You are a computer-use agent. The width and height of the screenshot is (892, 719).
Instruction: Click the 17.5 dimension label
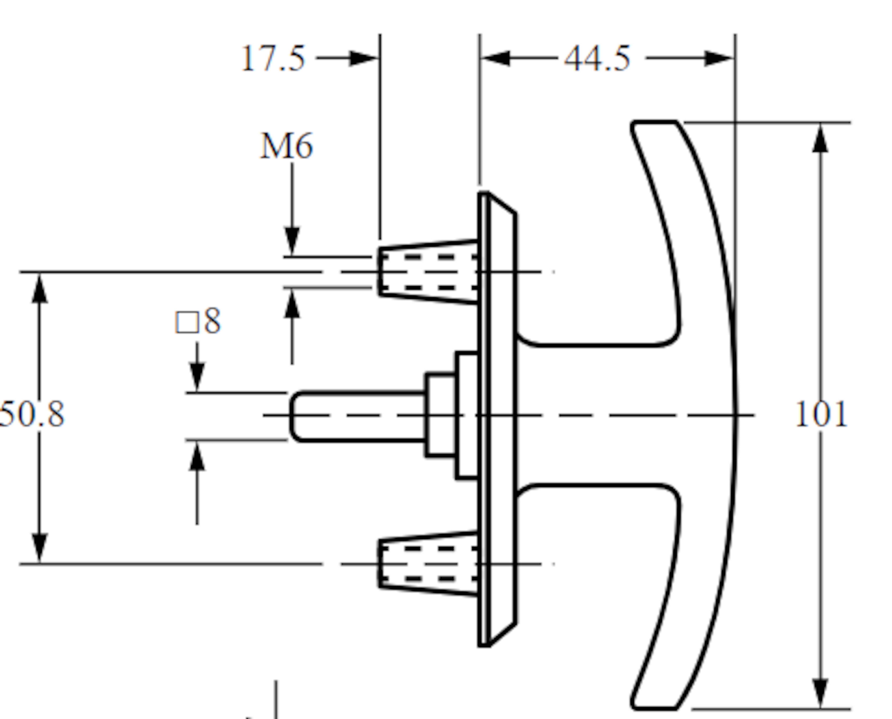[273, 58]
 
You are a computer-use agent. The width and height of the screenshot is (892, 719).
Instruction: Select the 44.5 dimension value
[597, 58]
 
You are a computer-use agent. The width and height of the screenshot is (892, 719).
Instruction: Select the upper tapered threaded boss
[428, 272]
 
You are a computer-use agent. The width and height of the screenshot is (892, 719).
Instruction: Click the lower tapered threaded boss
[428, 564]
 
